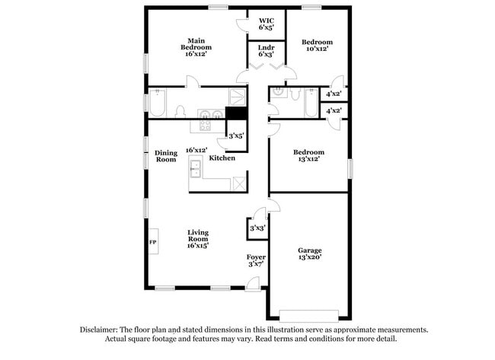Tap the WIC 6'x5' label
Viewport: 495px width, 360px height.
click(x=266, y=24)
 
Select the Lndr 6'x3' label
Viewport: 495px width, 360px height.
click(x=266, y=51)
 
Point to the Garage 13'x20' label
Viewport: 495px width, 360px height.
click(x=309, y=254)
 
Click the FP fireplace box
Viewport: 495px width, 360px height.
click(x=152, y=242)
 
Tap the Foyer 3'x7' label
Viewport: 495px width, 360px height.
click(x=255, y=261)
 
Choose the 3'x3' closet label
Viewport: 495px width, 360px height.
click(x=257, y=228)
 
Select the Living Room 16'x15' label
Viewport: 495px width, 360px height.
click(x=198, y=239)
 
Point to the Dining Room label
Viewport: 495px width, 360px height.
click(x=166, y=156)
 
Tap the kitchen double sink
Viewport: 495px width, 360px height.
click(x=195, y=168)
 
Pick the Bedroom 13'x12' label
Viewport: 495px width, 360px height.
click(x=309, y=155)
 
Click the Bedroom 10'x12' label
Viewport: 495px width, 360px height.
click(x=317, y=46)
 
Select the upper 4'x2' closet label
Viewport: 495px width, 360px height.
click(x=334, y=94)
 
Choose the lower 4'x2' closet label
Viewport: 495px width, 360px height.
click(x=334, y=111)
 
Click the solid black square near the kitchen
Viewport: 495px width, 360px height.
click(x=237, y=115)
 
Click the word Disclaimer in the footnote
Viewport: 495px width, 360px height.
click(x=102, y=330)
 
